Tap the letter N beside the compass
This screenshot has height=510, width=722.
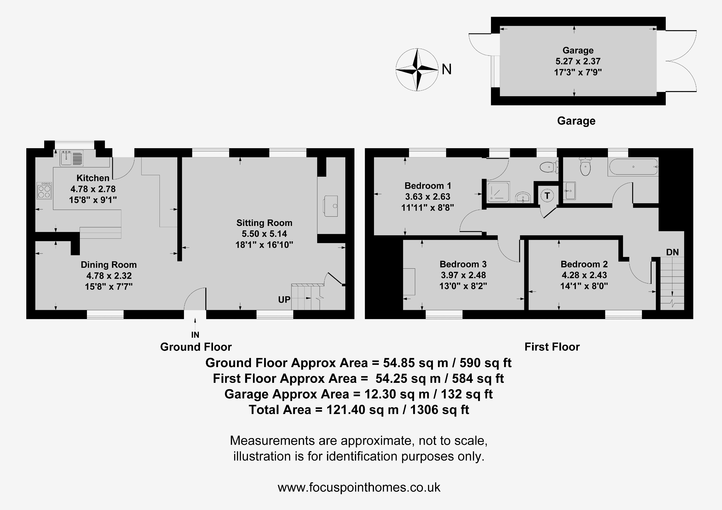[446, 69]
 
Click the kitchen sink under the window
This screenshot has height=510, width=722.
[72, 158]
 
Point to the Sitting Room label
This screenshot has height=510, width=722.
[264, 223]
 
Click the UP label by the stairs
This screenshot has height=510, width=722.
[284, 300]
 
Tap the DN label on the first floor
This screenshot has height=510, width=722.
[672, 252]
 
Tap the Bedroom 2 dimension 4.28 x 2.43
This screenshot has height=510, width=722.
[584, 275]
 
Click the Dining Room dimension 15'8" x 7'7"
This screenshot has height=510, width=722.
[109, 286]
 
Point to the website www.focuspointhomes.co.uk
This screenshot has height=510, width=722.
[359, 487]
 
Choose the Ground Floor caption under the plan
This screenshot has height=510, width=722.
[196, 347]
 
